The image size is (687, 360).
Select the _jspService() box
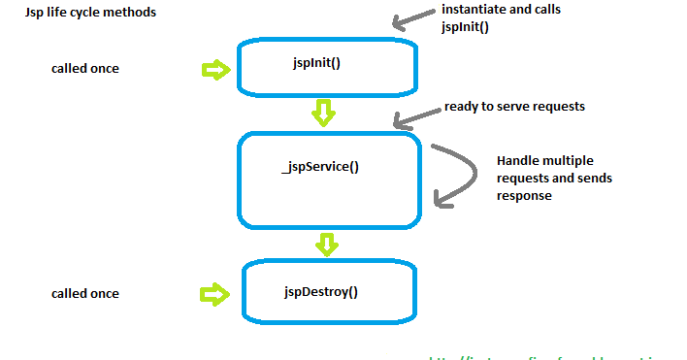tap(330, 179)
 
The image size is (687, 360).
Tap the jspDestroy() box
tap(328, 291)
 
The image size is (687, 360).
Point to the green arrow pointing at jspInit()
tap(214, 70)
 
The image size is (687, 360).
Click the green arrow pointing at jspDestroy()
tap(214, 293)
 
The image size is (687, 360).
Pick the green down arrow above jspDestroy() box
tap(328, 244)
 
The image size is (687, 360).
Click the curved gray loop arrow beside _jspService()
tap(458, 176)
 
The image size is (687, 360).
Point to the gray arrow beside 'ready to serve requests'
tap(414, 116)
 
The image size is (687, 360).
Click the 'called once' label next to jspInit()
tap(85, 70)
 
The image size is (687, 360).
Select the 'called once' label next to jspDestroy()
tap(85, 293)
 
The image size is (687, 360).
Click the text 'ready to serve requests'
tap(514, 106)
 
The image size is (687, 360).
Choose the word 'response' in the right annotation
tap(525, 196)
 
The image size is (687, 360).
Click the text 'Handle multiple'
tap(544, 161)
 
